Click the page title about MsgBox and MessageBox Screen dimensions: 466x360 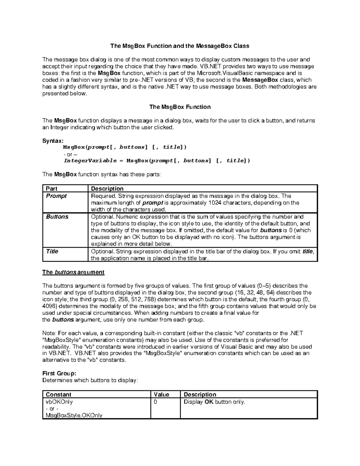click(180, 46)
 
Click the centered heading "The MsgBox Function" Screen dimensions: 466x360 click(180, 107)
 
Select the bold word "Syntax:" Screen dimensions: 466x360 click(53, 141)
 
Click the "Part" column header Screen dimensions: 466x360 click(52, 189)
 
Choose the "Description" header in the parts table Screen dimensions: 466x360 click(107, 189)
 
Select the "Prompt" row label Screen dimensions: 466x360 click(56, 196)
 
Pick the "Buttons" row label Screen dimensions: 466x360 click(57, 217)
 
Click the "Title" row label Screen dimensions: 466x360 click(52, 251)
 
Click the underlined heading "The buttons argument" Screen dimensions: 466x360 click(73, 272)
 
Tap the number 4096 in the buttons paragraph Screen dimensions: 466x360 click(49, 306)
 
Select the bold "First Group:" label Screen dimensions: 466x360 click(59, 373)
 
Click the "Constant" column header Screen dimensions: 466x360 click(58, 395)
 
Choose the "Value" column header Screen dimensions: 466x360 click(161, 395)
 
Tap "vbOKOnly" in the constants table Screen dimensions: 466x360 click(59, 402)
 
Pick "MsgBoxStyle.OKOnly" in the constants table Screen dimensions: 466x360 click(74, 415)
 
